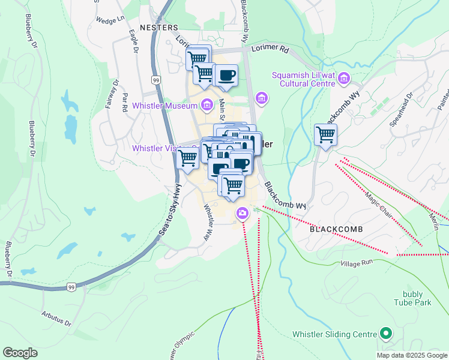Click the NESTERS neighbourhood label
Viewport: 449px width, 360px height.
(158, 28)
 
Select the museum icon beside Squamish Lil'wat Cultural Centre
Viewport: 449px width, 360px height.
(344, 77)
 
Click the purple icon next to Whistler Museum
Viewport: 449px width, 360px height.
(206, 106)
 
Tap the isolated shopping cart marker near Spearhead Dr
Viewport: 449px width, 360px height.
(325, 134)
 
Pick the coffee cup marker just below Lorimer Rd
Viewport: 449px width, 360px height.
(226, 76)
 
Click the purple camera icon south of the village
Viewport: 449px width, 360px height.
(242, 213)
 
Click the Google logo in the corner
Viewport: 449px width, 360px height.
(20, 353)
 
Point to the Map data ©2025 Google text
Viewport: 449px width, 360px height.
(412, 355)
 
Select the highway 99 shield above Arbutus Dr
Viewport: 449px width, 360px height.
(71, 287)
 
